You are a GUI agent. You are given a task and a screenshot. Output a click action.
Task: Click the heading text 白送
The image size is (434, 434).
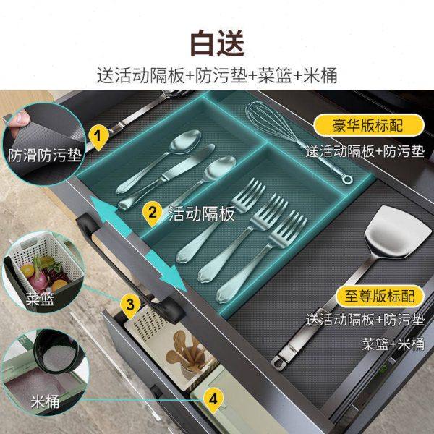click(217, 43)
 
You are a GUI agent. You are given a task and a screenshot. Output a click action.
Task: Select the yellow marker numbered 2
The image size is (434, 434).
click(152, 212)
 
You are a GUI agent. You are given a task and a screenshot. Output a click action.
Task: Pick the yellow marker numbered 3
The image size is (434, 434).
click(130, 304)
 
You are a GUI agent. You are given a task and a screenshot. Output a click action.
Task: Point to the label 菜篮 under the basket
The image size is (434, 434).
click(40, 300)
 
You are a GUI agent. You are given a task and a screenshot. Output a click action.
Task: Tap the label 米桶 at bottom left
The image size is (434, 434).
click(45, 401)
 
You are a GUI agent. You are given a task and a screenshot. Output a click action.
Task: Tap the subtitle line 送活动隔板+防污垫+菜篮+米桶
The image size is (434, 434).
click(217, 75)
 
